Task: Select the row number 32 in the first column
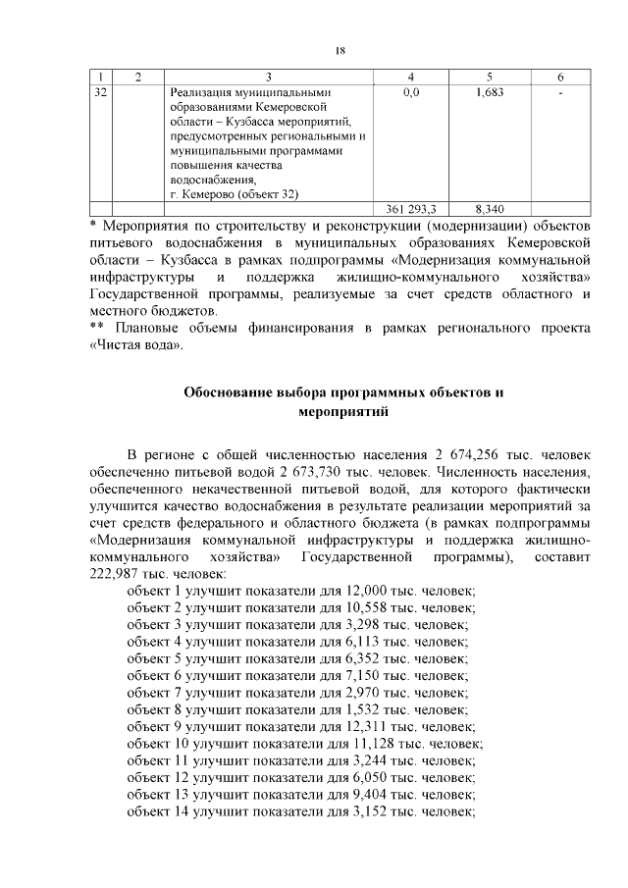99,91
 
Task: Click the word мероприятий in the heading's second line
343,412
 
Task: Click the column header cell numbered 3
266,77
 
